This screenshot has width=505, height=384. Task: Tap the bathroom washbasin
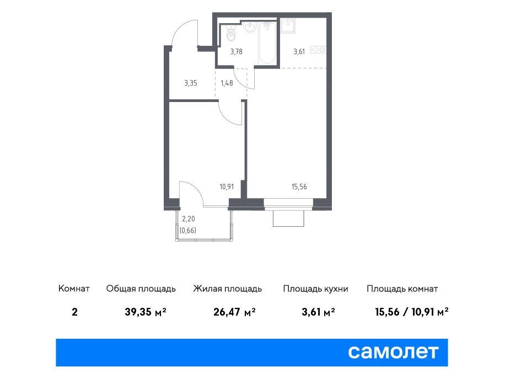click(250, 28)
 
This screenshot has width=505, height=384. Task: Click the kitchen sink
click(288, 26)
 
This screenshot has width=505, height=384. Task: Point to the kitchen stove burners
click(318, 50)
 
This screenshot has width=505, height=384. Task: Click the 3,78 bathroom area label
click(237, 52)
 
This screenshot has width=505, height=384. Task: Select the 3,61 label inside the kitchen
click(299, 52)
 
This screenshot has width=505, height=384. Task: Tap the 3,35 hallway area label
click(191, 83)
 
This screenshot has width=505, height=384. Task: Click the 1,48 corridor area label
click(227, 83)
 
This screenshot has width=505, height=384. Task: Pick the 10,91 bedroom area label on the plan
click(227, 186)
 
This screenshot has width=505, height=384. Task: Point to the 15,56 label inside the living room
click(299, 186)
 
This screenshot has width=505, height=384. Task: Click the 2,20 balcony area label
click(189, 219)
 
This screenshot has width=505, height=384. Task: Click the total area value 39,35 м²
click(146, 312)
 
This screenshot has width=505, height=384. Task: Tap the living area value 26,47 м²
click(234, 312)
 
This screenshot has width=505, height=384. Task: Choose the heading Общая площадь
click(141, 289)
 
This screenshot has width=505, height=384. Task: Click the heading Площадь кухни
click(315, 289)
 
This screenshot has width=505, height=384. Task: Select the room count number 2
click(75, 312)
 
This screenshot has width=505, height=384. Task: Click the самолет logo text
click(393, 352)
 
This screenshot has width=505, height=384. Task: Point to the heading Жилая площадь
click(228, 289)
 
